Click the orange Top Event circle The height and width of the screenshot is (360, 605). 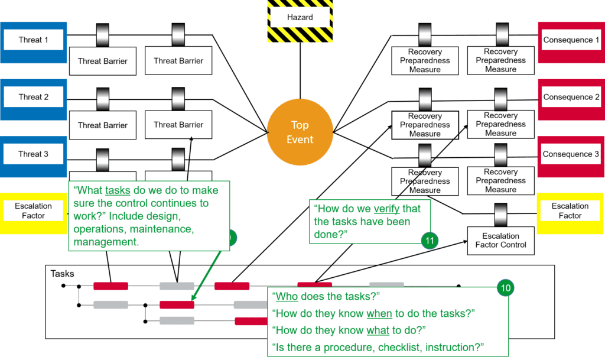(x=300, y=132)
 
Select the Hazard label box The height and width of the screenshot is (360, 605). (x=300, y=17)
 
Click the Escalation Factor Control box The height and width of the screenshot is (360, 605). (x=501, y=241)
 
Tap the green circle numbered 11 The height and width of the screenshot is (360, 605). (x=430, y=241)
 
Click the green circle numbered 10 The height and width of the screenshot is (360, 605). (x=506, y=288)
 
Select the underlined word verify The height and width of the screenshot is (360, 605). (x=386, y=209)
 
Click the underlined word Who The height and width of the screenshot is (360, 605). (x=287, y=296)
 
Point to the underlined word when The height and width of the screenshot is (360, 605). (x=379, y=313)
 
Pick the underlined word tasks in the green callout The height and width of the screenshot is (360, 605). (x=118, y=190)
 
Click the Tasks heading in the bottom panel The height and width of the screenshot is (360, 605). (x=62, y=274)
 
